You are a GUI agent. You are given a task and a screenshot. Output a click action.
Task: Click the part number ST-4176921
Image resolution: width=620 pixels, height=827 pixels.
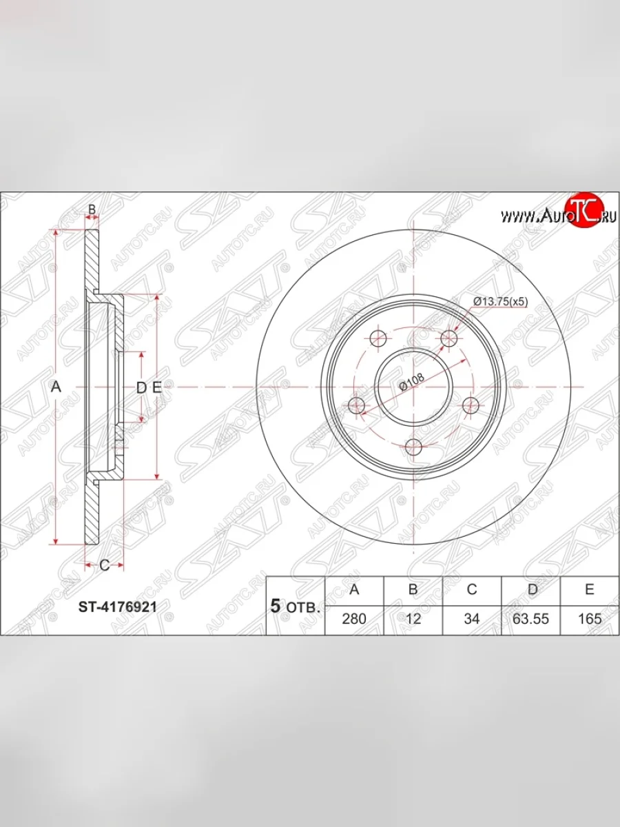117,607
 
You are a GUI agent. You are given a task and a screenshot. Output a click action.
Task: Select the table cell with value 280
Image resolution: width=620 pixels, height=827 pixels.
354,619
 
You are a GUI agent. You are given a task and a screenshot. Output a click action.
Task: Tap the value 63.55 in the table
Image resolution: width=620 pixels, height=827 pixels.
530,619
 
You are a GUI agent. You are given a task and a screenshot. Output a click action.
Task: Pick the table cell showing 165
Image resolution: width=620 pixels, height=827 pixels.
590,619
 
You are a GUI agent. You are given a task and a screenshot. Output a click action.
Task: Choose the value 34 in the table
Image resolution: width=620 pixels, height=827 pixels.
472,619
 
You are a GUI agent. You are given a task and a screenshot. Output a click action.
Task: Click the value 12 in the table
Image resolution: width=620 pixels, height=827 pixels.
413,619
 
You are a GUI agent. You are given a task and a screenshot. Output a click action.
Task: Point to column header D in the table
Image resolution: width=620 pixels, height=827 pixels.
533,589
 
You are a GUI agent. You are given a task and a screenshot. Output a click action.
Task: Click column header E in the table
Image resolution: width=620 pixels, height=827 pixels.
590,589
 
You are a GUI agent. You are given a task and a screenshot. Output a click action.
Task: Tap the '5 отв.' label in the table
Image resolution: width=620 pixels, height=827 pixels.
295,607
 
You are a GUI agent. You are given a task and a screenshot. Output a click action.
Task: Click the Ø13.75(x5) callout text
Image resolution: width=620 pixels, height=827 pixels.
501,301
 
